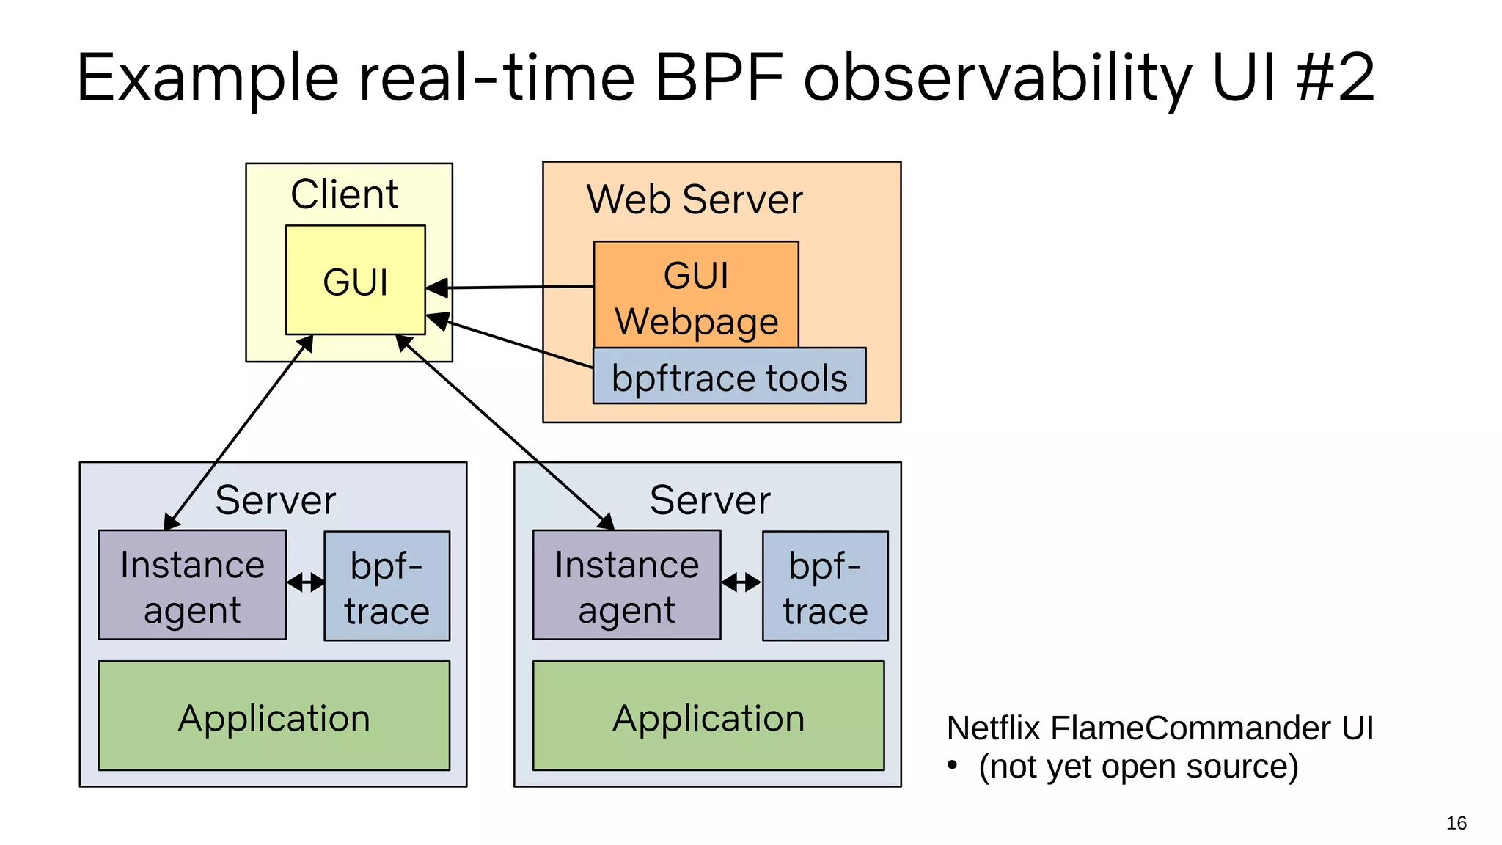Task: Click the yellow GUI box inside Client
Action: [x=355, y=280]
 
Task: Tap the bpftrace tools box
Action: [x=729, y=377]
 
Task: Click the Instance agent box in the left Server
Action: [x=192, y=585]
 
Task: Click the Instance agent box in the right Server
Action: [x=626, y=585]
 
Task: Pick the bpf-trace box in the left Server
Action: [x=387, y=586]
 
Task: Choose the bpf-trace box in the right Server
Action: [x=825, y=586]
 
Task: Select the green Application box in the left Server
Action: [x=274, y=716]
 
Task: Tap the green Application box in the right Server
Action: [x=708, y=716]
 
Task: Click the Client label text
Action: [x=344, y=194]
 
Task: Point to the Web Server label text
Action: [x=695, y=200]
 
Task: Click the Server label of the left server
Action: [x=275, y=500]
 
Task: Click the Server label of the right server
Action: [x=710, y=500]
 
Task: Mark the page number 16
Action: [x=1456, y=823]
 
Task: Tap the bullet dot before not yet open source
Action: [x=952, y=765]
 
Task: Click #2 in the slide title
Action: [x=1335, y=78]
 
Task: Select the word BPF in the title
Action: [x=719, y=78]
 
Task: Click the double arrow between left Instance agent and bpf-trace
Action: [x=305, y=583]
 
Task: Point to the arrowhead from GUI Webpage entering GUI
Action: [x=437, y=288]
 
